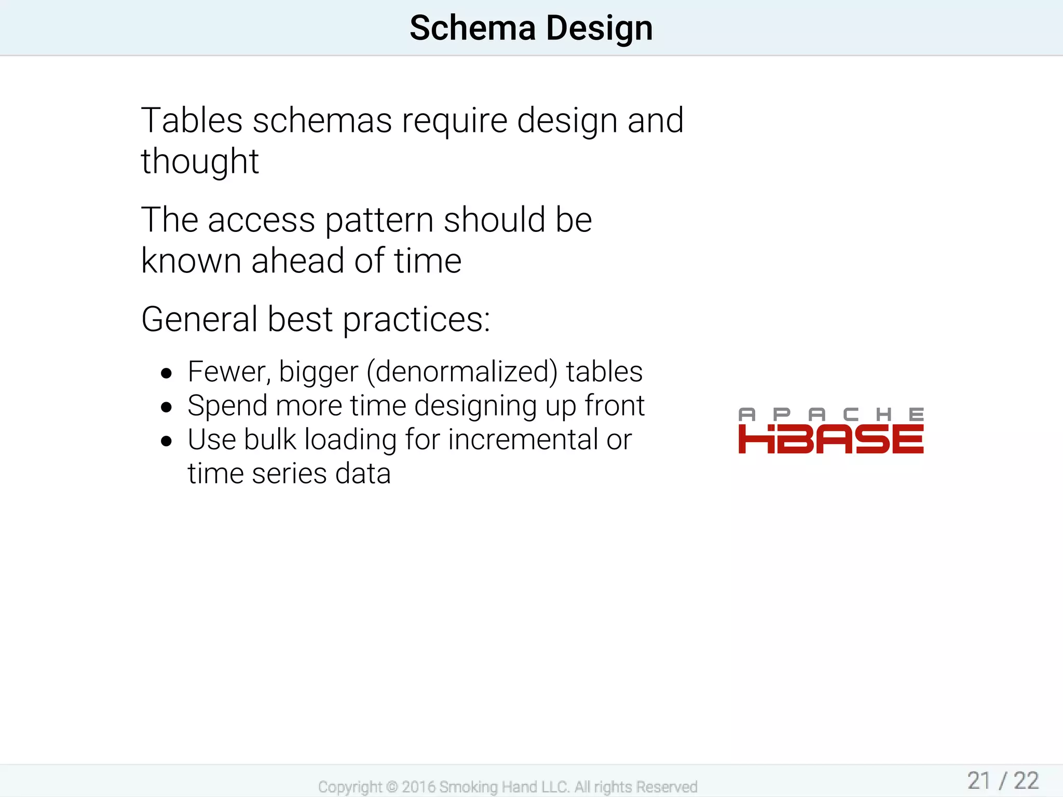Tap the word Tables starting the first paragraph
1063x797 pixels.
(x=192, y=120)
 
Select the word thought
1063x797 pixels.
(x=200, y=161)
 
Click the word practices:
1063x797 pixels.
(x=416, y=320)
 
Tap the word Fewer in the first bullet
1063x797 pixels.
(x=228, y=372)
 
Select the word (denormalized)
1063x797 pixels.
(x=462, y=372)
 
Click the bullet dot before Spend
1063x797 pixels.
(x=166, y=407)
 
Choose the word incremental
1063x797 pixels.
(x=522, y=440)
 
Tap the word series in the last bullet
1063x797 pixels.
(x=289, y=474)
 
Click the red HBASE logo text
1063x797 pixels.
(x=830, y=439)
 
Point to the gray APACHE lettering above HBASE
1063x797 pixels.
(x=830, y=414)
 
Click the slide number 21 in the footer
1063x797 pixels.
(x=979, y=781)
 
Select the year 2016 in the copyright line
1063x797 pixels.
(x=418, y=787)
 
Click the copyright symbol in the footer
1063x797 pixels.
(x=392, y=787)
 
